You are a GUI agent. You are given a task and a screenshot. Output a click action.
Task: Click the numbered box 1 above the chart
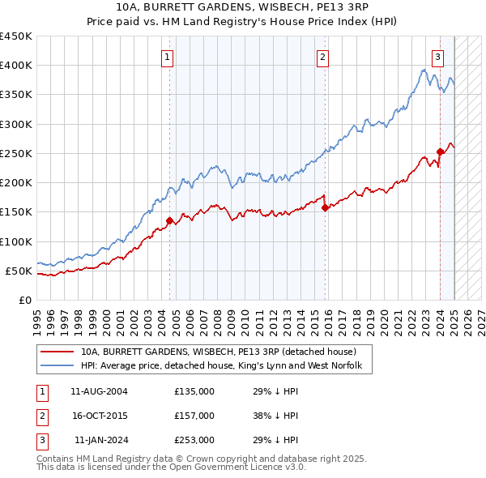pos(166,57)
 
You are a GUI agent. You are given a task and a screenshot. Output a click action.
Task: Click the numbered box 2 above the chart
pos(322,57)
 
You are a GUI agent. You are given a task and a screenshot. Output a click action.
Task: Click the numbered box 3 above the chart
pos(437,57)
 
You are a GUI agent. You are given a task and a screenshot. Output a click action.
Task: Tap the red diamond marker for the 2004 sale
pos(169,220)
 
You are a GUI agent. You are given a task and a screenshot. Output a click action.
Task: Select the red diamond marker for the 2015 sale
pos(325,207)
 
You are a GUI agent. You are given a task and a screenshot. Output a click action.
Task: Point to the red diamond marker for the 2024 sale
pos(441,152)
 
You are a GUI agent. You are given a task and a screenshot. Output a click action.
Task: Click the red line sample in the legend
pos(58,352)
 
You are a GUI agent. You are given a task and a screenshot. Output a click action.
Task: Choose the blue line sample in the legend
pos(58,366)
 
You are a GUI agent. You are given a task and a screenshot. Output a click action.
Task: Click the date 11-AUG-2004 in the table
pos(99,391)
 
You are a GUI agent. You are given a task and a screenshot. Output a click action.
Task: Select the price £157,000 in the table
pos(194,416)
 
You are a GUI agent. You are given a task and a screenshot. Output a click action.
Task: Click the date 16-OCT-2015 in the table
pos(99,416)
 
